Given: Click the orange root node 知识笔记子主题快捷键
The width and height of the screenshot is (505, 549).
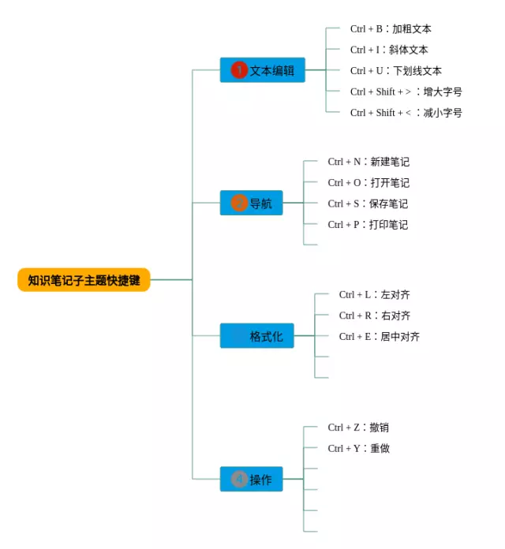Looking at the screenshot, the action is pos(84,280).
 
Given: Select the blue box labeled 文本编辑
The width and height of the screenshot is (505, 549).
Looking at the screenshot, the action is pos(262,70).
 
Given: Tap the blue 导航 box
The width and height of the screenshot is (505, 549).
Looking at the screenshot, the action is pos(251,203).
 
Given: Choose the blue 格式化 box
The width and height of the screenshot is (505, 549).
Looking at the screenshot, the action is pos(256,336).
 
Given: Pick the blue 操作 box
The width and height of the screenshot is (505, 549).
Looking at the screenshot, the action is pos(251,479).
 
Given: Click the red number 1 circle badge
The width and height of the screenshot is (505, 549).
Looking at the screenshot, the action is pos(239,70).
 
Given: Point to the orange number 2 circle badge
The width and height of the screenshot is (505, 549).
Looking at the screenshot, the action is pos(239,203).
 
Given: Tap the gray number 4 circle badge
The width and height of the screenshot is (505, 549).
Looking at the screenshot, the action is pos(239,479).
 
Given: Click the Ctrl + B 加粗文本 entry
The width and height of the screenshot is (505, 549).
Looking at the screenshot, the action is pos(391,28).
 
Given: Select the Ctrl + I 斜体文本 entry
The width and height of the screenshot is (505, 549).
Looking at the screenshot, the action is pos(389,50).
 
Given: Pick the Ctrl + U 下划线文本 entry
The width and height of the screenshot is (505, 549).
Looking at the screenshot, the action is pos(396,71).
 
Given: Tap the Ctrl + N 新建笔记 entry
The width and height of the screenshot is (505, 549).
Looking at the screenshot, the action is pos(368,162).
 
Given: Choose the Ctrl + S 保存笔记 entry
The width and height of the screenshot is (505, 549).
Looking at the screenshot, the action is pos(368,204).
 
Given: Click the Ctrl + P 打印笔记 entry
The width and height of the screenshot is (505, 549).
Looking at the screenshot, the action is pos(368,225).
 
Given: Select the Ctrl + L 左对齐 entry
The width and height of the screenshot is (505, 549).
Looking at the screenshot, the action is pos(374,295).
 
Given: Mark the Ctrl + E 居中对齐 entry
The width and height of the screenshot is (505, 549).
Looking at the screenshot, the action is pos(380,337).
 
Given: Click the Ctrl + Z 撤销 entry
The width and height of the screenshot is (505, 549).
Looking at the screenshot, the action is pos(358,428).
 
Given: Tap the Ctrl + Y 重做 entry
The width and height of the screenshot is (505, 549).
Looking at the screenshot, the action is pos(358,449).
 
